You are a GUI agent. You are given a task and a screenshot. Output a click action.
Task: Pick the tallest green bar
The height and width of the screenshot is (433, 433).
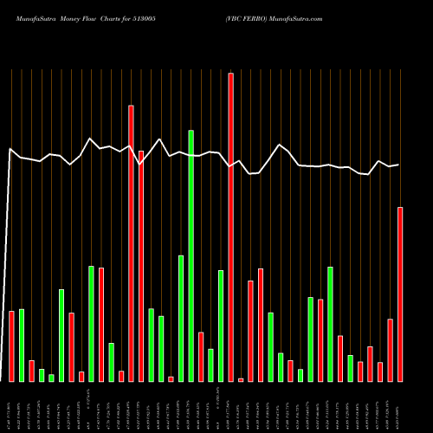click(x=191, y=255)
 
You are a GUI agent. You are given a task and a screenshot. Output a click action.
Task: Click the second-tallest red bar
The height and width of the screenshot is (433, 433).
click(x=131, y=243)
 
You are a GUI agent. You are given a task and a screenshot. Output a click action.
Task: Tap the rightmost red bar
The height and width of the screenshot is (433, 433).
click(x=400, y=294)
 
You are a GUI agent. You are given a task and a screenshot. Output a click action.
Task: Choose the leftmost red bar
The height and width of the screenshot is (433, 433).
click(x=11, y=346)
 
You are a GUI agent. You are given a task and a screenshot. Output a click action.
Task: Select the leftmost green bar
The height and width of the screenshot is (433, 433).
click(x=22, y=346)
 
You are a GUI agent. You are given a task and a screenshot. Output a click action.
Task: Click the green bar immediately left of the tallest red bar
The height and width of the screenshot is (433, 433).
click(x=221, y=326)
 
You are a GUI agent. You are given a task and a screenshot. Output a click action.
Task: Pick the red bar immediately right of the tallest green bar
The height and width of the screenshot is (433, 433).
click(x=201, y=357)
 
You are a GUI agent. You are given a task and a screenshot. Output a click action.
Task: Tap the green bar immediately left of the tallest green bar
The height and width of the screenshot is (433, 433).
click(x=181, y=319)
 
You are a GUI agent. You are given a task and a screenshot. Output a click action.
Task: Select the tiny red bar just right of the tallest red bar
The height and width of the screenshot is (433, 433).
click(x=241, y=379)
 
